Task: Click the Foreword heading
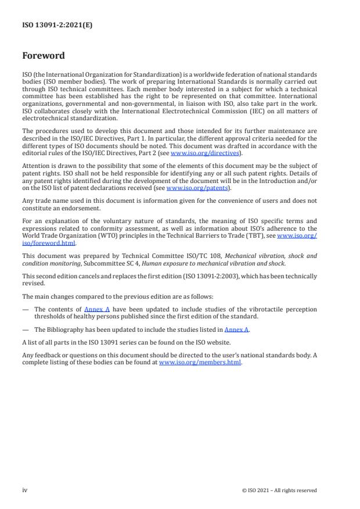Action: click(44, 56)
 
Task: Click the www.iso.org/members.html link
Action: click(200, 362)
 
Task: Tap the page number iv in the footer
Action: click(25, 490)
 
